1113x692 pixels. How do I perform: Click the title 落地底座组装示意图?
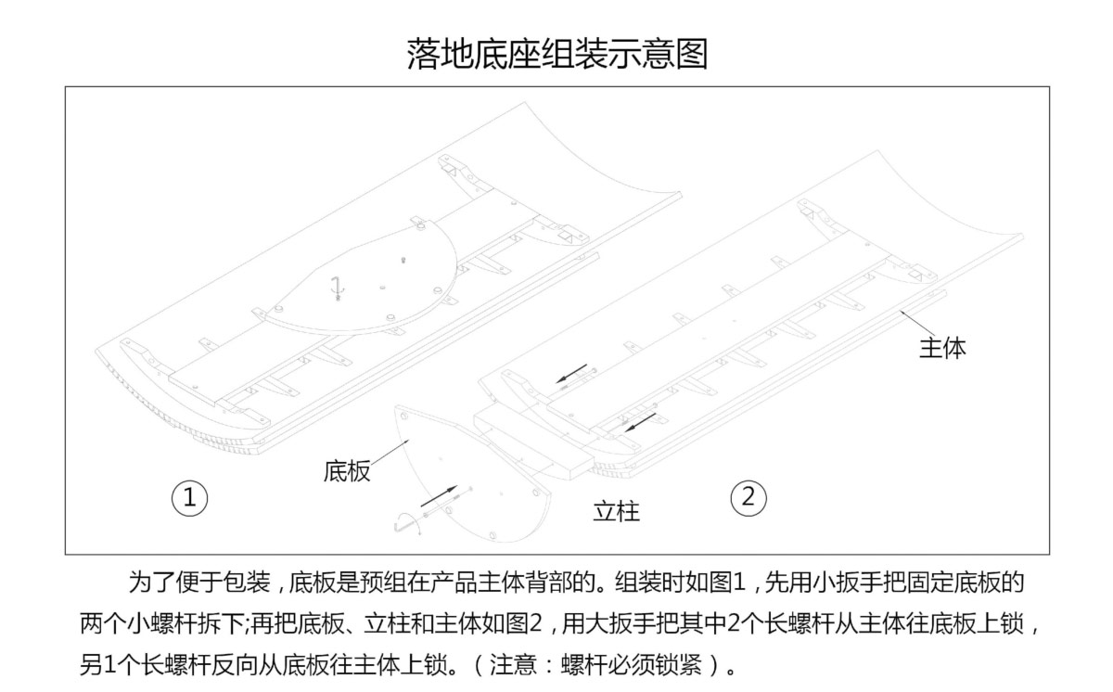[557, 54]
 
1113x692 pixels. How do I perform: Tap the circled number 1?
[189, 498]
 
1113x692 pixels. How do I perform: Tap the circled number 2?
[748, 498]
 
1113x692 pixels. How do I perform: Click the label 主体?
[942, 348]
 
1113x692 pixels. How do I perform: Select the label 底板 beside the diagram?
[347, 471]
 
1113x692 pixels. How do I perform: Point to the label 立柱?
[616, 511]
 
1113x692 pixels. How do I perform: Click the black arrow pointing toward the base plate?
[439, 495]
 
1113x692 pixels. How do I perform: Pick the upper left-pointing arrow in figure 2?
[571, 374]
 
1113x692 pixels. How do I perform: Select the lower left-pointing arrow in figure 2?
[640, 423]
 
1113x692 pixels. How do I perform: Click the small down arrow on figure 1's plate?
[338, 288]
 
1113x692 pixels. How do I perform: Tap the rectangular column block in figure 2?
[532, 443]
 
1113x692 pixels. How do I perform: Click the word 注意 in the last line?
[513, 664]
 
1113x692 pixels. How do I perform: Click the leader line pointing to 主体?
[918, 324]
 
